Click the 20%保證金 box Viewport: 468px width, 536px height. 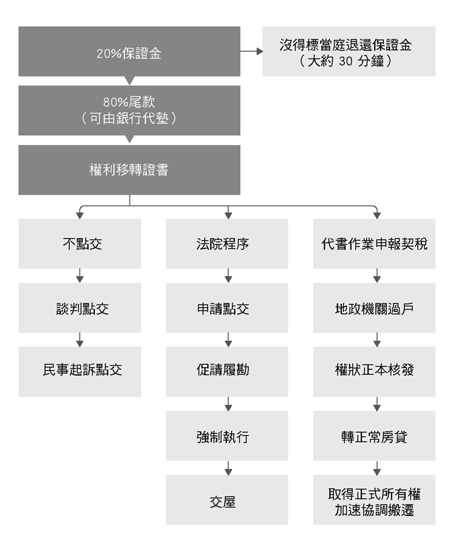click(129, 51)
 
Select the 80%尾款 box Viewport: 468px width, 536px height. click(129, 110)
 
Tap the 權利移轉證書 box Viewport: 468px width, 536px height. click(129, 170)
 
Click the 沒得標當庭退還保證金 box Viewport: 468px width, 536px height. click(349, 51)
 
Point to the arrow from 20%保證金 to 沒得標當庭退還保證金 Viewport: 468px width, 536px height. click(252, 51)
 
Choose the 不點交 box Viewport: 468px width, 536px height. click(80, 244)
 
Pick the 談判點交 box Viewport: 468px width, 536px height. click(80, 307)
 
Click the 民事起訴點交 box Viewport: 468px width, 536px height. click(80, 372)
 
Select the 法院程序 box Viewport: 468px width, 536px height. click(227, 244)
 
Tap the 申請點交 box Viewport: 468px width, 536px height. click(227, 307)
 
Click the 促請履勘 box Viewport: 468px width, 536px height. click(227, 372)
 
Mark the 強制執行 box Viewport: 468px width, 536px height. click(227, 436)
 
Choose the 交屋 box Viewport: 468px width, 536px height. click(227, 500)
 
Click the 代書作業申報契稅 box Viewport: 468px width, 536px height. click(374, 244)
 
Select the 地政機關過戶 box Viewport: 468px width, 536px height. click(374, 307)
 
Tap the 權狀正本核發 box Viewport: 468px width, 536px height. click(374, 372)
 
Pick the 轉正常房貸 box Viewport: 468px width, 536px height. click(374, 436)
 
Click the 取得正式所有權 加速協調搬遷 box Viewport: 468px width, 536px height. click(374, 500)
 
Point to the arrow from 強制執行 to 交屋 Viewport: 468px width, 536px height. click(229, 468)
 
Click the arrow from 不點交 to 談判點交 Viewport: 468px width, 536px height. click(80, 275)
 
